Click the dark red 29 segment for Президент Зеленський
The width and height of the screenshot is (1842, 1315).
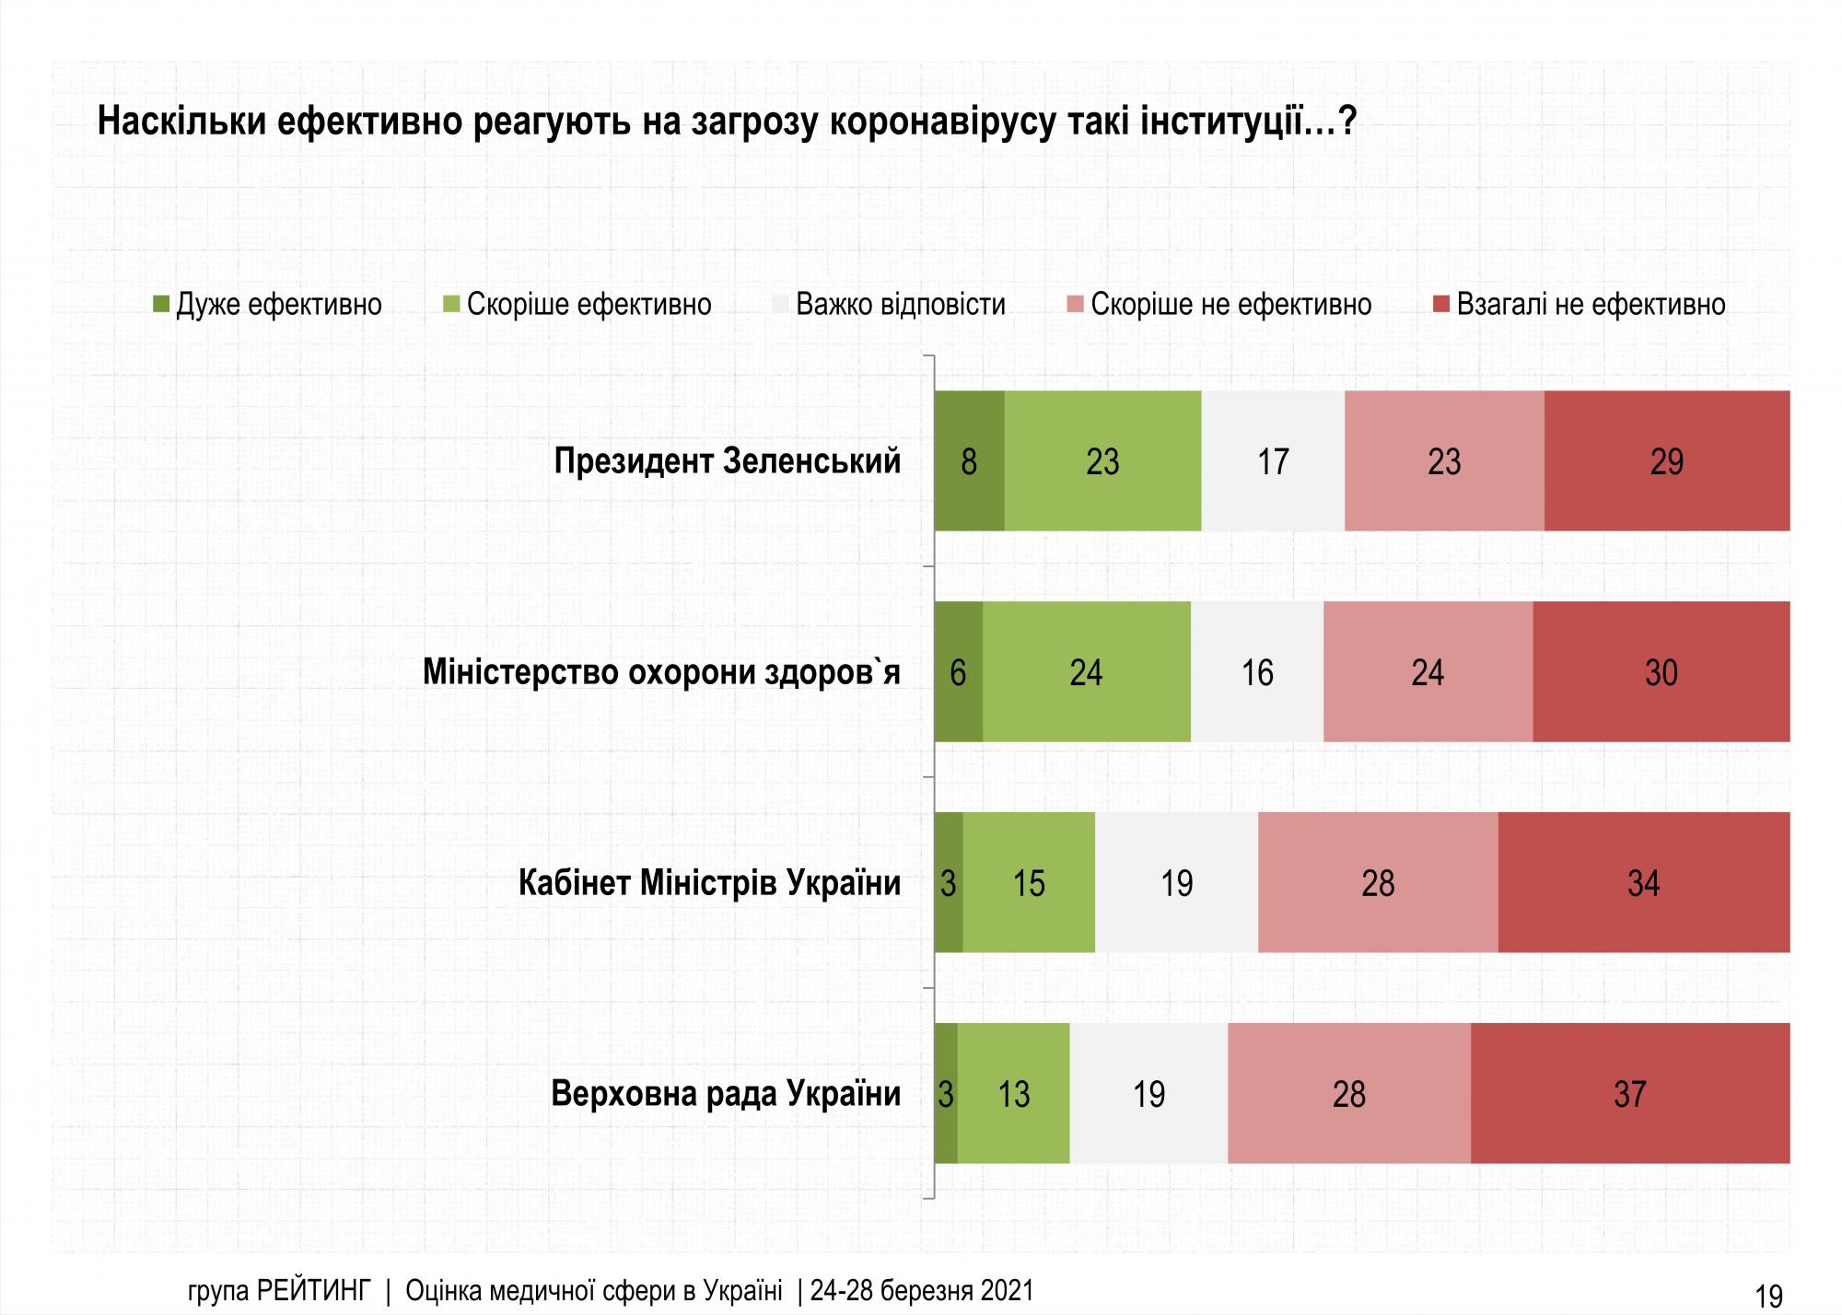pyautogui.click(x=1666, y=460)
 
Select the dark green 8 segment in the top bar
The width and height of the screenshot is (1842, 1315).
pyautogui.click(x=969, y=460)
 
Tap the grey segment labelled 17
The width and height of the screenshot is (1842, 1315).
pyautogui.click(x=1273, y=460)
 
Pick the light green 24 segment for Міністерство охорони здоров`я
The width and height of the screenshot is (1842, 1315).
pyautogui.click(x=1086, y=671)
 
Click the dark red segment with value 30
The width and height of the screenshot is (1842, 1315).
pyautogui.click(x=1661, y=671)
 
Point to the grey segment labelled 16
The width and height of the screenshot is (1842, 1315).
pyautogui.click(x=1256, y=671)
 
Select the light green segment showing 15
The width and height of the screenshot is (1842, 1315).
pyautogui.click(x=1029, y=882)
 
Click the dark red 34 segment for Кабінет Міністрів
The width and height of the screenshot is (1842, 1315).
pyautogui.click(x=1643, y=882)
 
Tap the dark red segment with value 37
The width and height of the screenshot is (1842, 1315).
pyautogui.click(x=1629, y=1093)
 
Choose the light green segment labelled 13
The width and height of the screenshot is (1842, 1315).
pyautogui.click(x=1013, y=1093)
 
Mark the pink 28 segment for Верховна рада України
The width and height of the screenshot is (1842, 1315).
pyautogui.click(x=1348, y=1093)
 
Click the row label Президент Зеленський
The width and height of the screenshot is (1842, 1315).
pyautogui.click(x=727, y=460)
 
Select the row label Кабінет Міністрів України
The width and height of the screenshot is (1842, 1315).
pyautogui.click(x=709, y=882)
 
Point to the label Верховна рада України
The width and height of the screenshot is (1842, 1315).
pyautogui.click(x=726, y=1093)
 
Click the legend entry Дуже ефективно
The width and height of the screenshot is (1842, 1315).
pyautogui.click(x=277, y=304)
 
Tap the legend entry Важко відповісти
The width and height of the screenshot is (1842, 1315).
pyautogui.click(x=900, y=304)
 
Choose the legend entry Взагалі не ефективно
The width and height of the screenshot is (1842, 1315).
pyautogui.click(x=1590, y=304)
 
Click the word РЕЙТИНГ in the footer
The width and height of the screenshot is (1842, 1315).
pyautogui.click(x=313, y=1291)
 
